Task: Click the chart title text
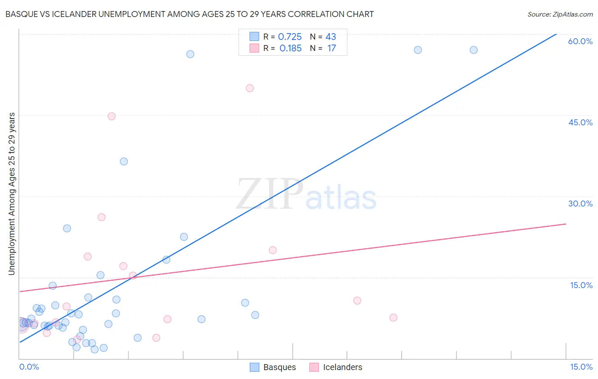[x=190, y=14]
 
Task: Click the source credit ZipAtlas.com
[x=560, y=14]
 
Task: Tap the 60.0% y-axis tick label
[x=580, y=41]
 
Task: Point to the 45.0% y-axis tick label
[x=580, y=122]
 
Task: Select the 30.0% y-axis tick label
[x=580, y=204]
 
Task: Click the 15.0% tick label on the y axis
[x=581, y=285]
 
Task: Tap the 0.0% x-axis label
[x=29, y=367]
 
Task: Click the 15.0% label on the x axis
[x=581, y=367]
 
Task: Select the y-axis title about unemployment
[x=11, y=194]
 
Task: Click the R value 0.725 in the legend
[x=290, y=37]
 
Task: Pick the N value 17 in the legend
[x=331, y=48]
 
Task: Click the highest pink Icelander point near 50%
[x=250, y=88]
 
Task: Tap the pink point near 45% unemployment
[x=111, y=116]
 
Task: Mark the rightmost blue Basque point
[x=473, y=50]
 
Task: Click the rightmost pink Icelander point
[x=393, y=317]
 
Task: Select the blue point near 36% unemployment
[x=124, y=161]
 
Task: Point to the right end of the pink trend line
[x=566, y=224]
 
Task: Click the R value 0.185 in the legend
[x=290, y=48]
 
